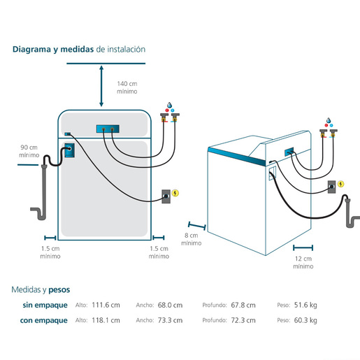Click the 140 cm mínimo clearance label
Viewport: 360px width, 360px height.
[127, 87]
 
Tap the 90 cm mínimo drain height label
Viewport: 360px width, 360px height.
[29, 151]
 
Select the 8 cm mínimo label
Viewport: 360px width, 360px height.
[192, 239]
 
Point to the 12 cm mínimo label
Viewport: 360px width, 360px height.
[303, 262]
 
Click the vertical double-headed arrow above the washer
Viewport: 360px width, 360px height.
[101, 86]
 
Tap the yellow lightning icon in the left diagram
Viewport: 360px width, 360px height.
[175, 193]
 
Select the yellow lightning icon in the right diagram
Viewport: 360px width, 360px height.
[341, 184]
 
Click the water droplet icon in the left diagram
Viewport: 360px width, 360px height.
[169, 105]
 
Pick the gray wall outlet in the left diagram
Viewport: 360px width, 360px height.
[166, 196]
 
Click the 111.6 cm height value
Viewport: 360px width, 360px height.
[106, 305]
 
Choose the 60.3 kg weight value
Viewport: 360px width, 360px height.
[305, 320]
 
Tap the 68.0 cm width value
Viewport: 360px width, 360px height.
[170, 305]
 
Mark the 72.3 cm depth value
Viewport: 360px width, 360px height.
[243, 320]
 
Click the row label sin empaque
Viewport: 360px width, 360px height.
[45, 305]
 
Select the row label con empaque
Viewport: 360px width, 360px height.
[44, 321]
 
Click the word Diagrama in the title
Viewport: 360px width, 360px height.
[31, 50]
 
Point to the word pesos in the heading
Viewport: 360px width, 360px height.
[59, 290]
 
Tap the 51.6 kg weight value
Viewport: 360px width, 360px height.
[305, 305]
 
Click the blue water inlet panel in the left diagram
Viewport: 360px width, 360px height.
[108, 129]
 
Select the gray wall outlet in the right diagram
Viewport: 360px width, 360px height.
[332, 187]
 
